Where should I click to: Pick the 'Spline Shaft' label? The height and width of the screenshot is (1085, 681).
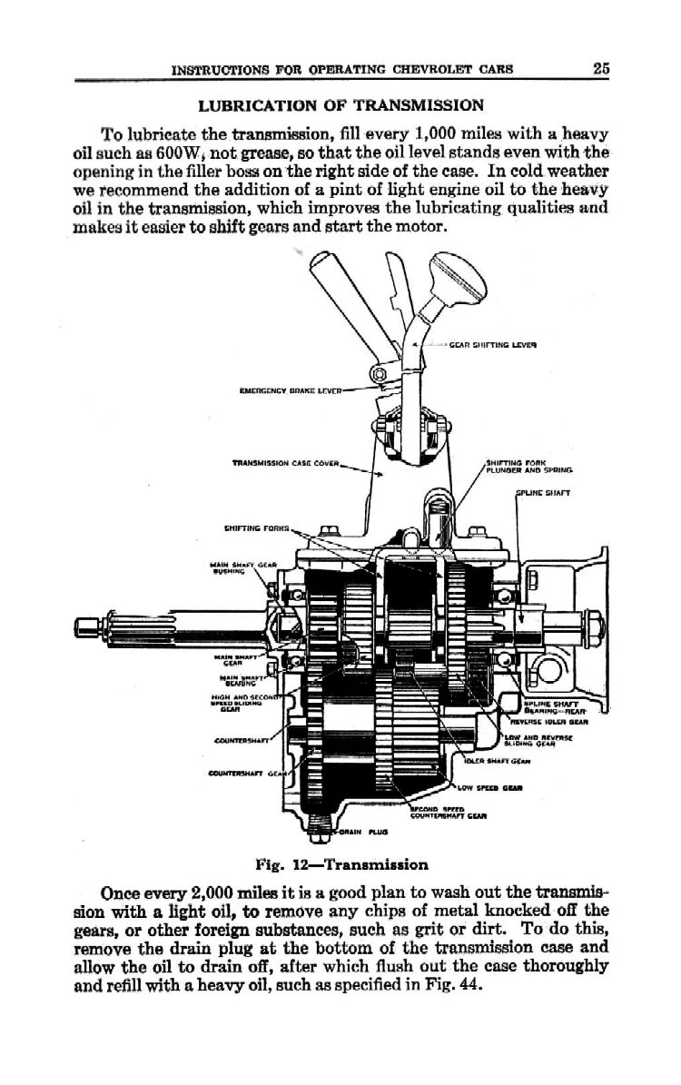coord(540,495)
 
